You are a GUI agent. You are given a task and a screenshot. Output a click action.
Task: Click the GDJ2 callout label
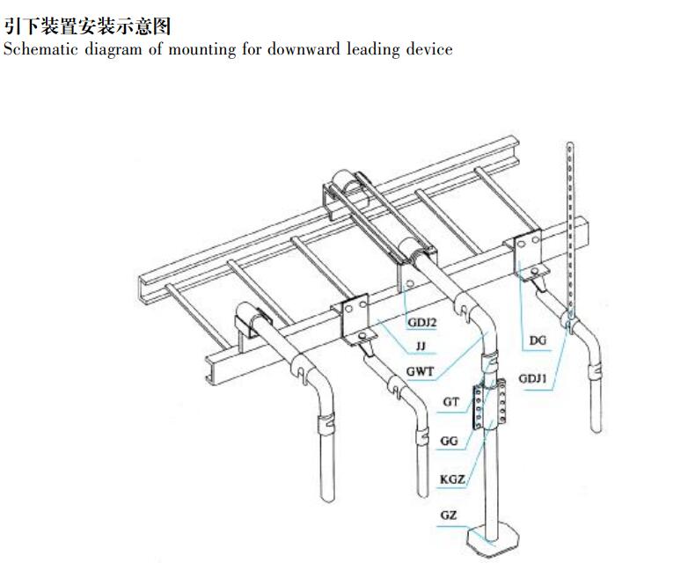click(x=421, y=323)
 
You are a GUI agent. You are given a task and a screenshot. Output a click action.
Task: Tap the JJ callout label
click(x=421, y=347)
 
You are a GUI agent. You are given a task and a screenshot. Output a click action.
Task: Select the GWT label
click(x=420, y=371)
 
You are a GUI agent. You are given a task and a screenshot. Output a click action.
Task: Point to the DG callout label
click(x=538, y=340)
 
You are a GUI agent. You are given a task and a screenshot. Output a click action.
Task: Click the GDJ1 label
click(x=533, y=379)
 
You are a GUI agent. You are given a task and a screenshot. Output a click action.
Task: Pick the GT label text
click(x=450, y=401)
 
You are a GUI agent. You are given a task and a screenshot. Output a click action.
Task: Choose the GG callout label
click(x=449, y=441)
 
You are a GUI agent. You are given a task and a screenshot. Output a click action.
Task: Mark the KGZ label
click(x=451, y=479)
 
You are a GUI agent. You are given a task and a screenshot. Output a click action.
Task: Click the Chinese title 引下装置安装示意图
click(x=87, y=26)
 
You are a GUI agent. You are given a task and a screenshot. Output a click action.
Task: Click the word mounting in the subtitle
click(x=207, y=49)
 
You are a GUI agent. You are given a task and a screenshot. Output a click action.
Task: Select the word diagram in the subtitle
click(x=113, y=49)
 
